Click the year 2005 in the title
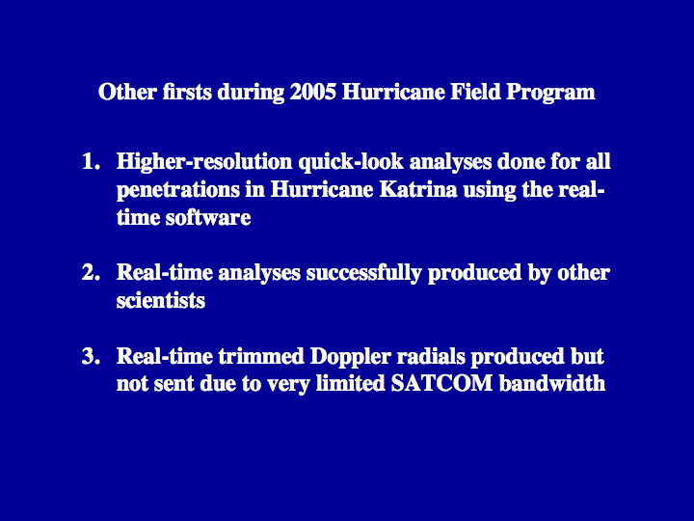pos(313,93)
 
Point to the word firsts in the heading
pos(187,93)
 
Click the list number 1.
pos(91,162)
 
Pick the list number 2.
pos(91,272)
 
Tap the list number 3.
pos(91,356)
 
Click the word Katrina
pos(418,190)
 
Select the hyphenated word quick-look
pos(351,163)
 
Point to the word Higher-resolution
pos(204,162)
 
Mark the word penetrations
pos(178,191)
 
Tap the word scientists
pos(161,301)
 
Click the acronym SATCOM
pos(441,384)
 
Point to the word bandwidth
pos(552,383)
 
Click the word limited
pos(351,383)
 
